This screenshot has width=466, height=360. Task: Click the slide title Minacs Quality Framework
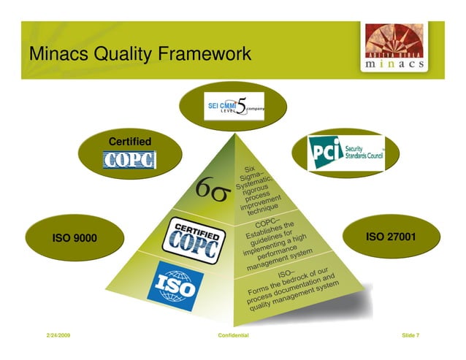pyautogui.click(x=140, y=54)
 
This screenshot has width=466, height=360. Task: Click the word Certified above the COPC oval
pyautogui.click(x=130, y=140)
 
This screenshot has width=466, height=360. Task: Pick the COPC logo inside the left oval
pyautogui.click(x=130, y=159)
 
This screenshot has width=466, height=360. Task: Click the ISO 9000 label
pyautogui.click(x=75, y=238)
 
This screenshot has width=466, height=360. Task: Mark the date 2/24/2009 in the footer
pyautogui.click(x=59, y=335)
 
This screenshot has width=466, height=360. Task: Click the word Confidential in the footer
pyautogui.click(x=234, y=335)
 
